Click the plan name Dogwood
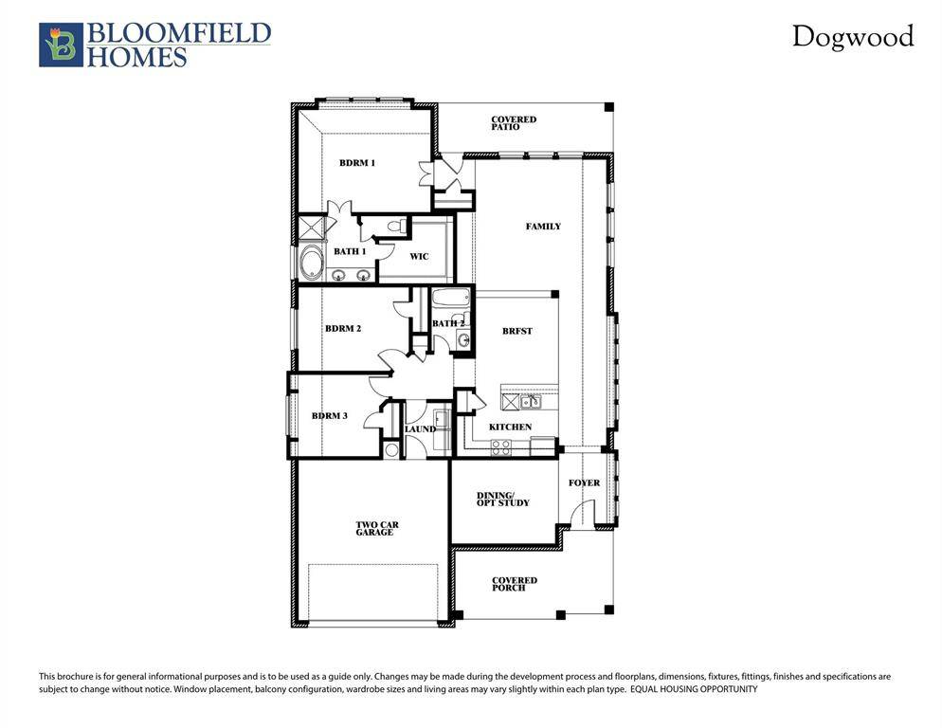tap(853, 37)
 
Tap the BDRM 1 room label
tap(357, 163)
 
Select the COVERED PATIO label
tap(514, 123)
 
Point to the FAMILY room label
tap(543, 227)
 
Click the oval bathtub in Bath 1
tap(311, 263)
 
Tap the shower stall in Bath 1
tap(310, 229)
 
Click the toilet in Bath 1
tap(398, 227)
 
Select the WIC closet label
tap(419, 256)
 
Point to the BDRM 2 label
tap(343, 329)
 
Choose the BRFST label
tap(517, 331)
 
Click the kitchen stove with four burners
tap(500, 446)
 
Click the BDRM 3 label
tap(330, 416)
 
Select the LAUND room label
tap(420, 429)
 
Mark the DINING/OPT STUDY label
tap(502, 499)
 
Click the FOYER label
tap(584, 482)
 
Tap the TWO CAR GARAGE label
tap(374, 528)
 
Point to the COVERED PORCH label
tap(514, 584)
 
